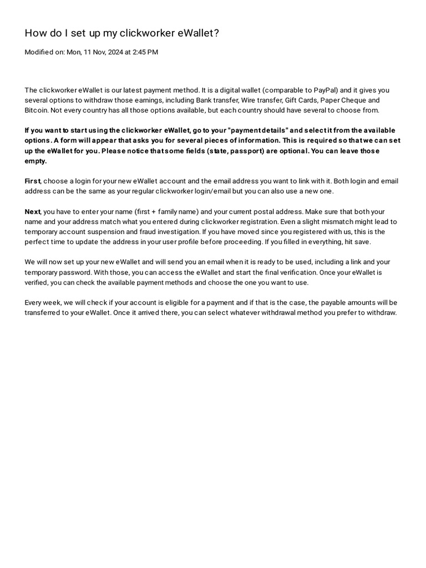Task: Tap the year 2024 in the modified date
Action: tap(114, 52)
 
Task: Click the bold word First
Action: tap(33, 181)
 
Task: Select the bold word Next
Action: tap(33, 212)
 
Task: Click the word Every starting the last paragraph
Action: tap(34, 303)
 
